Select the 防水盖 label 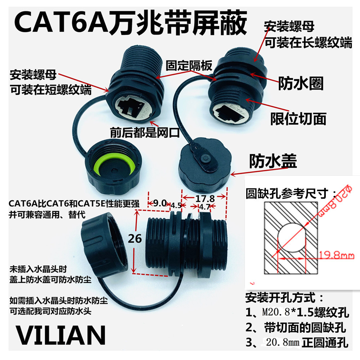coord(273,162)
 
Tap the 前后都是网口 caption coord(145,133)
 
